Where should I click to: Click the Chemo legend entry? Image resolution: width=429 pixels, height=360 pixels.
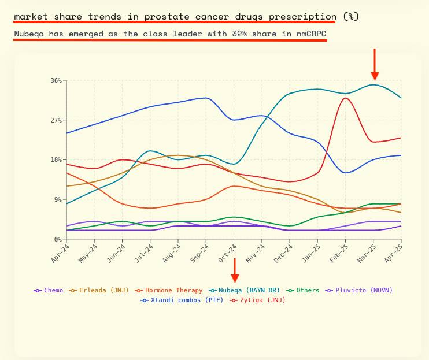point(49,290)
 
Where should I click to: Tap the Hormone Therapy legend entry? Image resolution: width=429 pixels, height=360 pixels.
point(169,290)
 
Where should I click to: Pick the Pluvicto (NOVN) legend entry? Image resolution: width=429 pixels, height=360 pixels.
point(354,290)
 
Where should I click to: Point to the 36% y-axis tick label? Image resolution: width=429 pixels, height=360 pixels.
point(56,80)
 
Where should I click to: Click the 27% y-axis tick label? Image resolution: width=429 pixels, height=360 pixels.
point(56,120)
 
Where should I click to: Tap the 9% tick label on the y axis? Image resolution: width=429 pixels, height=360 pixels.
point(57,199)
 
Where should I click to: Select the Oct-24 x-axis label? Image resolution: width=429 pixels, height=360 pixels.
point(227,253)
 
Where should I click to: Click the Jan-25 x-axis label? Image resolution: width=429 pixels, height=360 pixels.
point(311,253)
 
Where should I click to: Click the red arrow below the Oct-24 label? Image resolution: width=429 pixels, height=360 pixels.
point(234,270)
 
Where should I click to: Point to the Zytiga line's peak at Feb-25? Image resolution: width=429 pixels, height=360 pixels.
point(345,98)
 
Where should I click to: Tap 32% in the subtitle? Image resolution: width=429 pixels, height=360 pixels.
point(244,34)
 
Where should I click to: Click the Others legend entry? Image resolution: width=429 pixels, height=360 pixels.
point(304,290)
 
